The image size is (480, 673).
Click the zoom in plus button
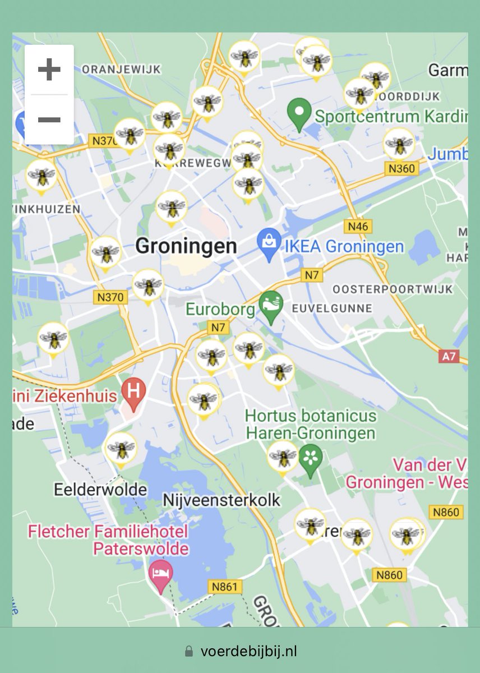[x=49, y=70]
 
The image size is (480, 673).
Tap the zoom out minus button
[x=49, y=119]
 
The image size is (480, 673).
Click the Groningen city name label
[x=186, y=246]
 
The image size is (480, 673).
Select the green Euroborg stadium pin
[x=271, y=307]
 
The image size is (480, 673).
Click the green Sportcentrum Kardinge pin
[x=299, y=114]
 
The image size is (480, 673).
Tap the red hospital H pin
[x=134, y=391]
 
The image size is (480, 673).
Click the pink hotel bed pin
[x=161, y=575]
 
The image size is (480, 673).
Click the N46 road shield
[x=358, y=227]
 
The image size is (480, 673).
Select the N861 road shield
[x=225, y=587]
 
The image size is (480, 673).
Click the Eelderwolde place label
[x=100, y=490]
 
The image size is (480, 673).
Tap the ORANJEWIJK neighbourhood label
[x=121, y=69]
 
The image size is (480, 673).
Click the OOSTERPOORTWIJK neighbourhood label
[x=393, y=289]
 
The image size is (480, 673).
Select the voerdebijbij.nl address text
[x=248, y=651]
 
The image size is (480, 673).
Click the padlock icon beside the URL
[x=189, y=651]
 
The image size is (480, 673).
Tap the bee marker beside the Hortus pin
[x=283, y=457]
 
